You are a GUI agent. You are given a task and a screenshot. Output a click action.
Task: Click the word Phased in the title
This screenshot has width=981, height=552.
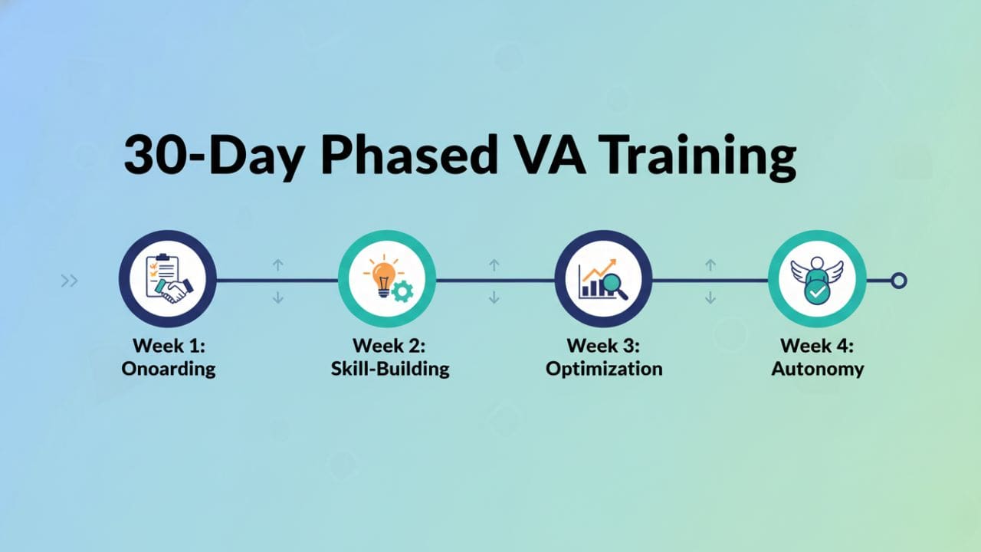tap(409, 156)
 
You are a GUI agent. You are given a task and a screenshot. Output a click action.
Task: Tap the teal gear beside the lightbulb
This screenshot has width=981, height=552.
tap(402, 291)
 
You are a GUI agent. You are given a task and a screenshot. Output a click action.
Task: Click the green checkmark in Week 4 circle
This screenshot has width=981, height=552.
tap(817, 292)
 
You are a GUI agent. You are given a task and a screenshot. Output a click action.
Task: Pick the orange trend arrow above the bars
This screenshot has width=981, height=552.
tap(599, 269)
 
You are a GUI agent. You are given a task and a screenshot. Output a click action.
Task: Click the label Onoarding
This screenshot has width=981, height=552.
tap(168, 369)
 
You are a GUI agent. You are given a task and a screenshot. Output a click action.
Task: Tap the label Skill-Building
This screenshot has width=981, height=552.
tap(390, 369)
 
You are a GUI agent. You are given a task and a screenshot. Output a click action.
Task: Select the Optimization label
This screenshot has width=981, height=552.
tap(604, 369)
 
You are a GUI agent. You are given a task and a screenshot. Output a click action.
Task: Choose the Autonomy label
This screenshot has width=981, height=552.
tap(818, 369)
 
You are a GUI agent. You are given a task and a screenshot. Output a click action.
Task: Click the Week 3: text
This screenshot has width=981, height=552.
tap(603, 346)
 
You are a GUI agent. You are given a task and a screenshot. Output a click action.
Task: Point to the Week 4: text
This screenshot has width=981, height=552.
tap(817, 346)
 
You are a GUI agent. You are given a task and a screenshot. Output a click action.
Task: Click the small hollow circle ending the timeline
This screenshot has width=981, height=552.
tap(899, 281)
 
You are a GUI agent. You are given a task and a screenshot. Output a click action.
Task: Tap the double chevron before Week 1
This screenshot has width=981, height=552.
tap(69, 281)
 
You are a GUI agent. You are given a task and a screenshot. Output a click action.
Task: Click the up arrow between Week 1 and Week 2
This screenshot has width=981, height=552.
tap(277, 264)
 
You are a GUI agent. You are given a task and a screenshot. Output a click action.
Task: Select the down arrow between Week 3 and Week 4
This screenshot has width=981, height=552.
tap(710, 298)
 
